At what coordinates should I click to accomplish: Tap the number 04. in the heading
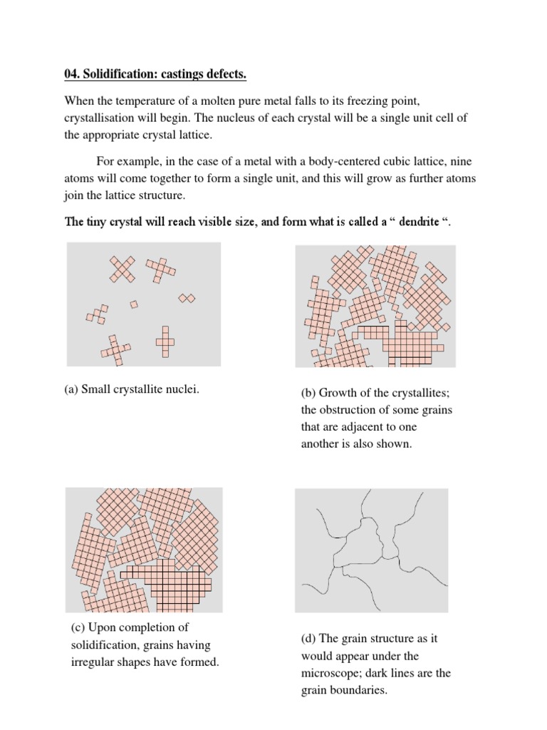click(74, 74)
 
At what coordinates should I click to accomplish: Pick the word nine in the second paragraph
click(459, 161)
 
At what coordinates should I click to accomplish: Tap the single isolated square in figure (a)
click(134, 304)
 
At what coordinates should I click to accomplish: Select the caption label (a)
click(71, 389)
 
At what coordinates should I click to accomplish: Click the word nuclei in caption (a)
click(182, 389)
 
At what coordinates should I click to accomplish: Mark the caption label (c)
click(78, 627)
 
